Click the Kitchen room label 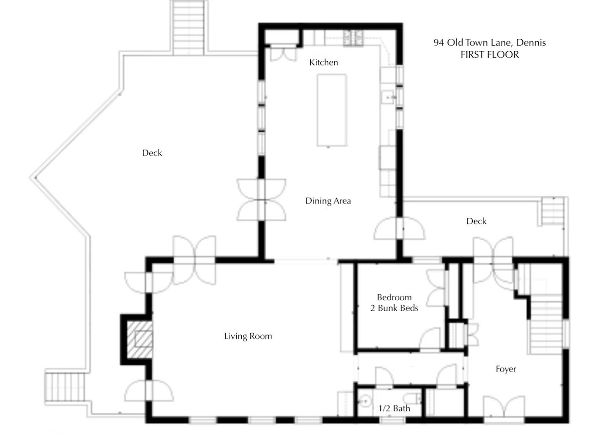(324, 62)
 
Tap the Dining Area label (328, 201)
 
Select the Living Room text (248, 336)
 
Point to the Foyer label (506, 369)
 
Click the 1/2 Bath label (394, 409)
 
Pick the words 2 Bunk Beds (395, 308)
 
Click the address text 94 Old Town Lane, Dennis (490, 43)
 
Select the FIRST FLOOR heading (490, 54)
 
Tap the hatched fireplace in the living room (140, 339)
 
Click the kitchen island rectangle (332, 110)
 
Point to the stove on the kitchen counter (353, 38)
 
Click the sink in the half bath (365, 401)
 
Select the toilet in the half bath (412, 398)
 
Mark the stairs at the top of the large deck (188, 28)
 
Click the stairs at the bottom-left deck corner (65, 388)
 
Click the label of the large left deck (152, 153)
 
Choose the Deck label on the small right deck (476, 221)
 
